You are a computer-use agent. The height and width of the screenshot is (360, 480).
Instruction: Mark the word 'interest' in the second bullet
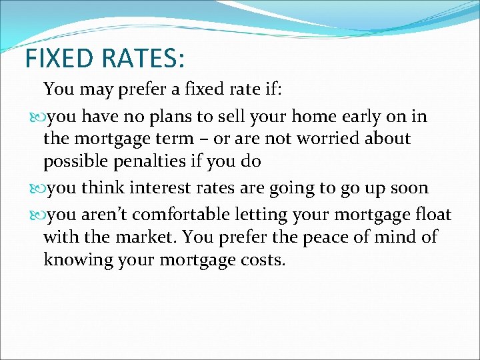[x=159, y=188]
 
